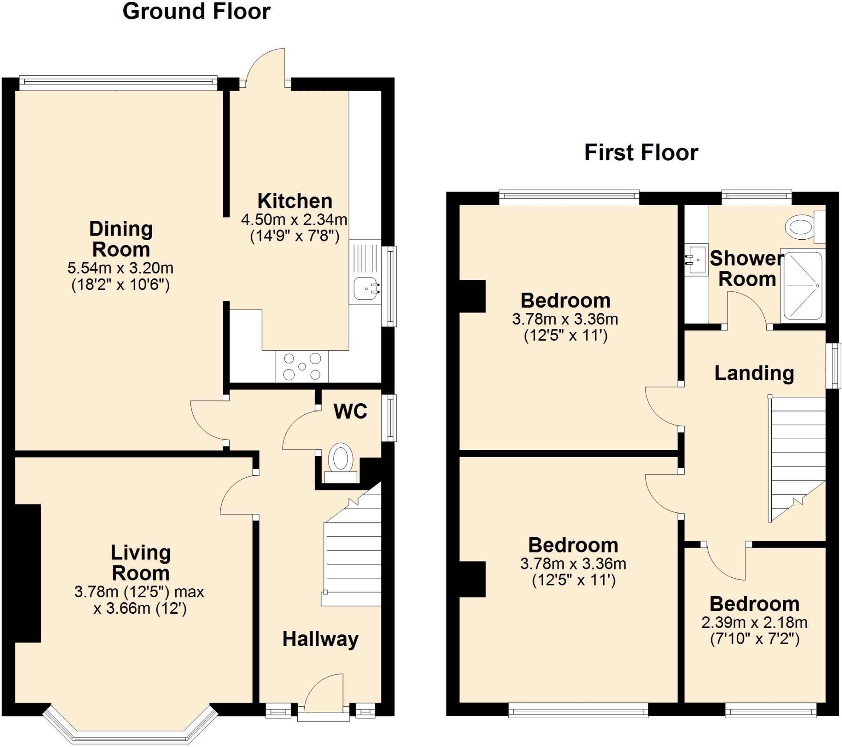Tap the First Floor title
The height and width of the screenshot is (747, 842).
(641, 153)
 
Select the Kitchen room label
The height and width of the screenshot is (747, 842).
(295, 201)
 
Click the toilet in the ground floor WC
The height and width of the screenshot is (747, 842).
(341, 462)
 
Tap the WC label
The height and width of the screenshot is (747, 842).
(350, 411)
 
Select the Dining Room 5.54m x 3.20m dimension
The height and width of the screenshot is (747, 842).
(120, 268)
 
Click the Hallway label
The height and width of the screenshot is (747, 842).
(320, 639)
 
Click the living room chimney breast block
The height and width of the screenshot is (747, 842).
(28, 573)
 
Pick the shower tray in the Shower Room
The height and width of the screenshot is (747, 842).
(803, 286)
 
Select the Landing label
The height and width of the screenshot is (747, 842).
(754, 373)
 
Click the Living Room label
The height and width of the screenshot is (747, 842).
(141, 563)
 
